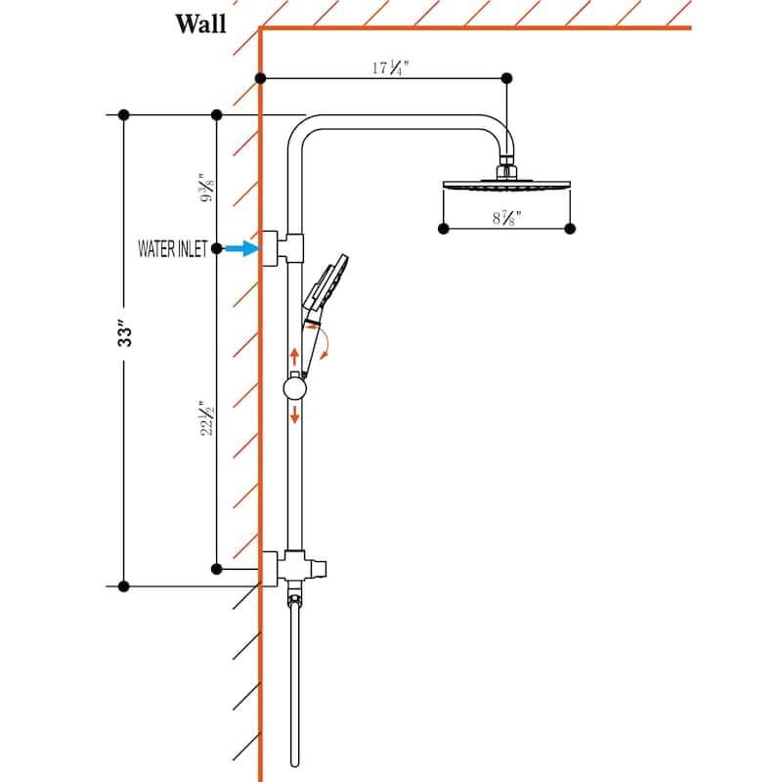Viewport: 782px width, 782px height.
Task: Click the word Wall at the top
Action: (x=200, y=23)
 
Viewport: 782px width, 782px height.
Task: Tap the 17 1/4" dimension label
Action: (x=390, y=67)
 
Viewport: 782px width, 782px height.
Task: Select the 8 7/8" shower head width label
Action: (x=506, y=218)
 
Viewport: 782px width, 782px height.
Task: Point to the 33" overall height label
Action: (x=125, y=333)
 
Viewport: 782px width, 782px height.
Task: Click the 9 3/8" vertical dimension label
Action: (x=207, y=188)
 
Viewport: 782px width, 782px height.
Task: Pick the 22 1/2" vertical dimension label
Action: (x=207, y=418)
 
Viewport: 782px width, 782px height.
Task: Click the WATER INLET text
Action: (x=173, y=249)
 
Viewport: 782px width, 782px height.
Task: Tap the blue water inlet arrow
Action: (x=241, y=248)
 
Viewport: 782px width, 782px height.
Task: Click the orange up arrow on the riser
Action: (x=294, y=357)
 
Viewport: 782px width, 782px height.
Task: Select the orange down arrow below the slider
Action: (x=295, y=414)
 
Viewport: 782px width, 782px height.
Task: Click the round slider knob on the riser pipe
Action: (x=295, y=388)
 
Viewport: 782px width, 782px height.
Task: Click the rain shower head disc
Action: (x=506, y=185)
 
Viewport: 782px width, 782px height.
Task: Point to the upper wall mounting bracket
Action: (x=282, y=248)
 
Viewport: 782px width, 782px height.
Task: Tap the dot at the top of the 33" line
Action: (x=124, y=115)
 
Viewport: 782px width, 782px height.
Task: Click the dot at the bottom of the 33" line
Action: (x=124, y=586)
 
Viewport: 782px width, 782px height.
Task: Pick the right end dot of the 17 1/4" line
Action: (x=506, y=78)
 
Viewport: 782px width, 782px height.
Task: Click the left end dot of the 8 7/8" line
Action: (x=444, y=229)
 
